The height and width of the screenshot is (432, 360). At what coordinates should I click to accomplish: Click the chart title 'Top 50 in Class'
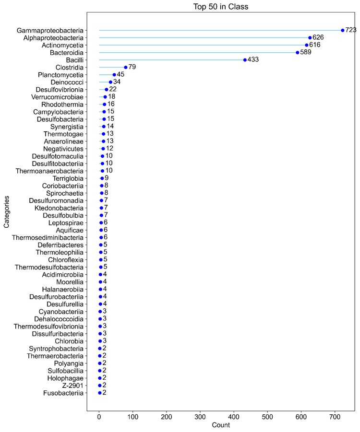[220, 7]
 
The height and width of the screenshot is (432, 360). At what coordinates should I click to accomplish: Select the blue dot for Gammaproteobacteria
[343, 30]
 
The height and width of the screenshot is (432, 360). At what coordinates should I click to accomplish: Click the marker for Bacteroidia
[298, 52]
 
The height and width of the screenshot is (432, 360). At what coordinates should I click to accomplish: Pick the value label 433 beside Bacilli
[253, 60]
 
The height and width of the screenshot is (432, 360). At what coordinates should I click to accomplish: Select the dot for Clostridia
[126, 68]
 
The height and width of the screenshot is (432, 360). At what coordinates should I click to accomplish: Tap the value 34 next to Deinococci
[117, 82]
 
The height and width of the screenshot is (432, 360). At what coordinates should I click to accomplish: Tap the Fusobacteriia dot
[100, 393]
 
